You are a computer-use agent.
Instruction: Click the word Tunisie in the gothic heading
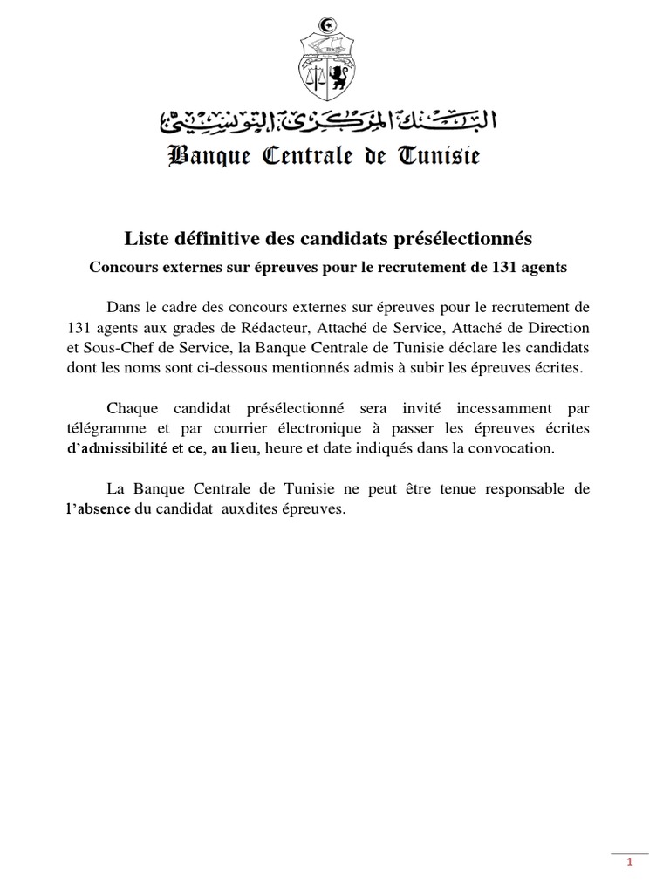coord(438,157)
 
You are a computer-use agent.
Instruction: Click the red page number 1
coord(629,863)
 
